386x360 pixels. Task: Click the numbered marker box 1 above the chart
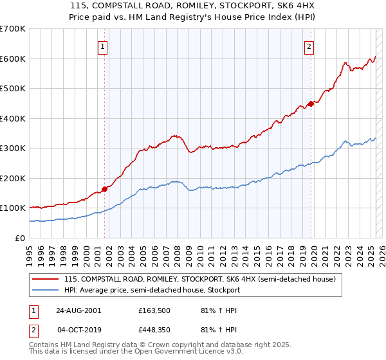tap(104, 46)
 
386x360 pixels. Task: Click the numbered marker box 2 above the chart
tap(309, 46)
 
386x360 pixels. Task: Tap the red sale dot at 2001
tap(104, 189)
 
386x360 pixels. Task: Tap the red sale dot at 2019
tap(311, 104)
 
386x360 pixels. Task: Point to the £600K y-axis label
tap(13, 59)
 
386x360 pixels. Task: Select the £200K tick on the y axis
tap(13, 178)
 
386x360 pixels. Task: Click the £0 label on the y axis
tap(20, 238)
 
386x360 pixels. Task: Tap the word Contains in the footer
tap(45, 345)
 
